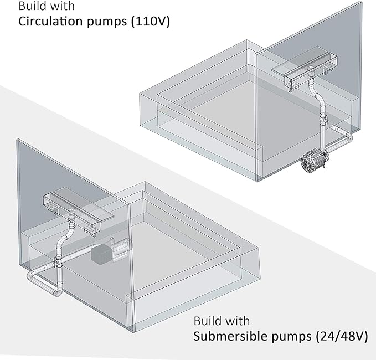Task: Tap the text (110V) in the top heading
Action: pyautogui.click(x=151, y=22)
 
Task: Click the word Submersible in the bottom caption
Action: pyautogui.click(x=230, y=336)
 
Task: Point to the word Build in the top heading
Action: pyautogui.click(x=30, y=6)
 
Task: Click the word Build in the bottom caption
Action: pyautogui.click(x=205, y=321)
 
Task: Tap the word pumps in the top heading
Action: pyautogui.click(x=107, y=22)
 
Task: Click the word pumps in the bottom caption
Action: pyautogui.click(x=291, y=337)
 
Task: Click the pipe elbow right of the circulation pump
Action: pyautogui.click(x=348, y=137)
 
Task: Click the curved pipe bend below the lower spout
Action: pyautogui.click(x=63, y=239)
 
